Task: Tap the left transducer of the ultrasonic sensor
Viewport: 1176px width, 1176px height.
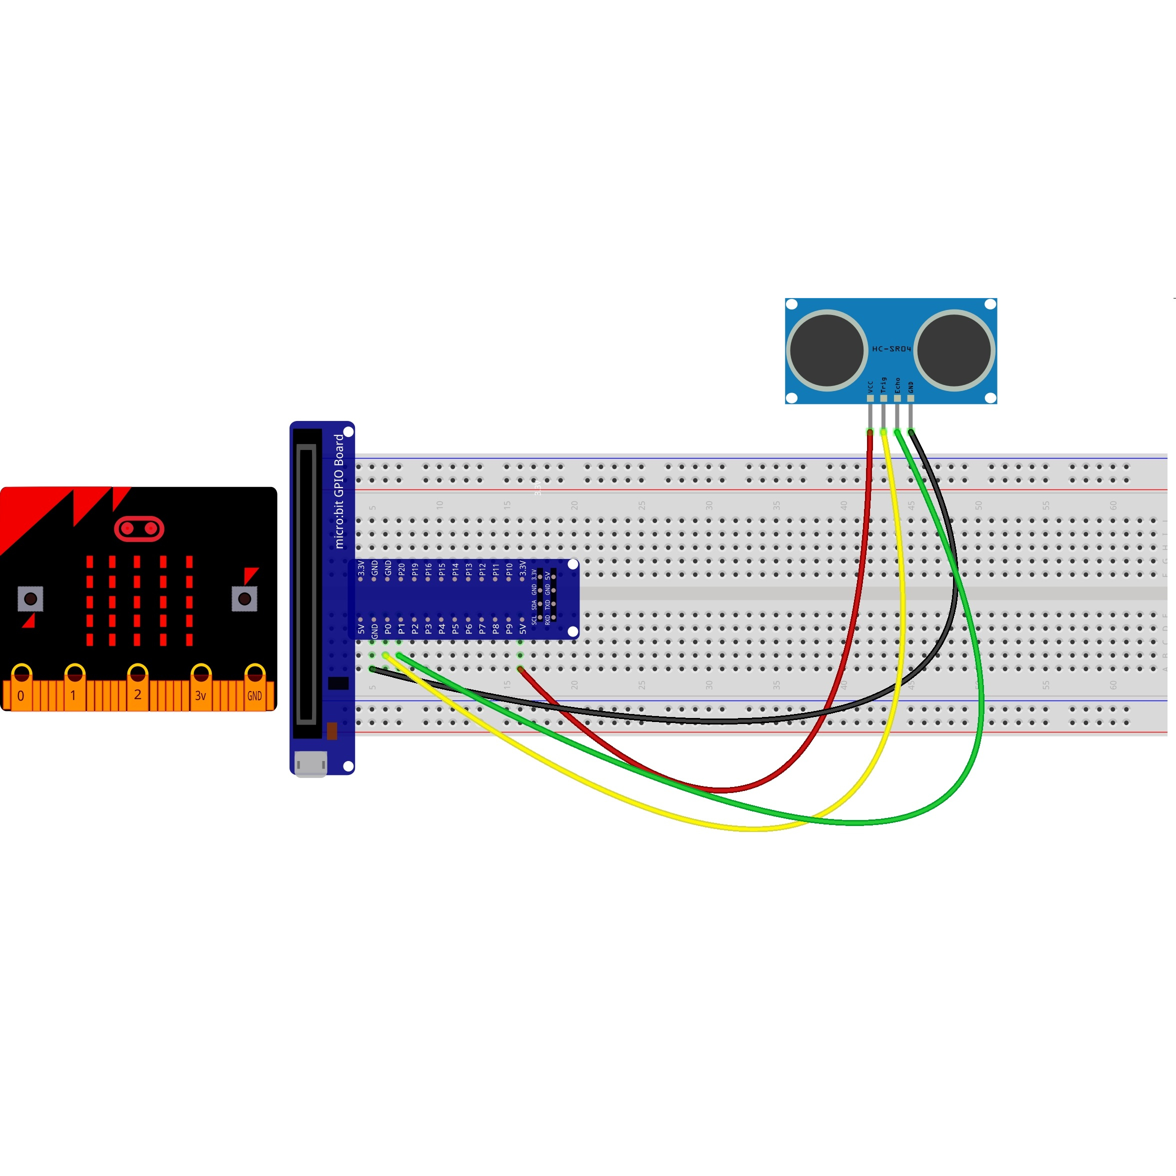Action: point(826,350)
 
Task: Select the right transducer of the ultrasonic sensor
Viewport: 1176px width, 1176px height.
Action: point(954,350)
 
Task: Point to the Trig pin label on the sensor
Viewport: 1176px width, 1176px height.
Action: point(883,384)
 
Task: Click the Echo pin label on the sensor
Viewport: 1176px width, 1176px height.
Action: point(897,384)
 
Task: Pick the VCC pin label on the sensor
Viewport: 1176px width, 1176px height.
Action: point(870,386)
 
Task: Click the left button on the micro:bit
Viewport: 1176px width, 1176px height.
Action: point(30,599)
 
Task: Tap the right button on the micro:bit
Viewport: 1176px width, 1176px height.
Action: point(244,599)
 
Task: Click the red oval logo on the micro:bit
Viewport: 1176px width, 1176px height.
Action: point(139,528)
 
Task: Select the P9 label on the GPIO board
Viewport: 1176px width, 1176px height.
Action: point(509,628)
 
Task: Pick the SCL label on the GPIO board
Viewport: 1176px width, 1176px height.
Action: point(534,619)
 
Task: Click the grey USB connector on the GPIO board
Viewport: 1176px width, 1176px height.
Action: point(310,764)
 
